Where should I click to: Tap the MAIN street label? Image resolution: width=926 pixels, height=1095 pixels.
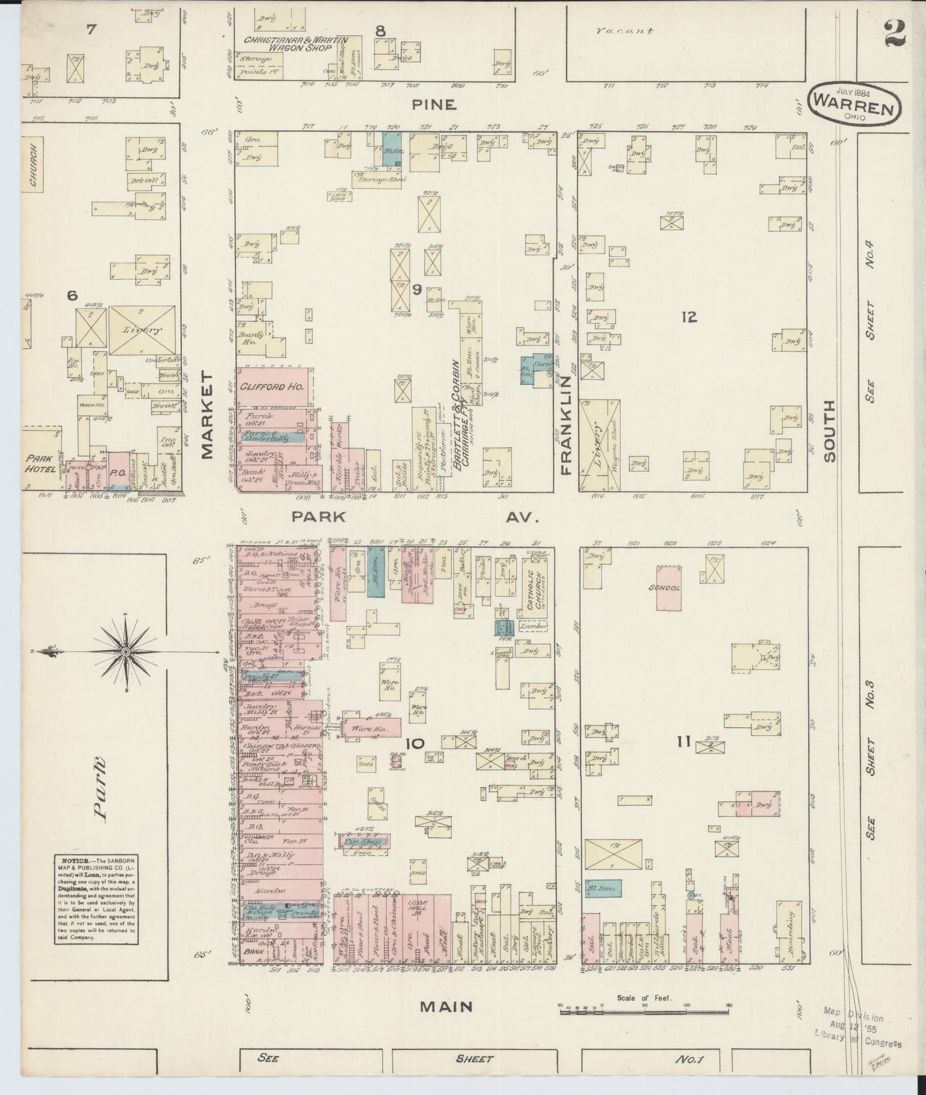tap(446, 1007)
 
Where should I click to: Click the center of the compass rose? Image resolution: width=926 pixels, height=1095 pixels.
tap(126, 651)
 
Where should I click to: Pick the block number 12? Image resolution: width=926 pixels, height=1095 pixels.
tap(689, 316)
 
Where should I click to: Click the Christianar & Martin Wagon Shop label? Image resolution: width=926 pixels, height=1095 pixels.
tap(295, 44)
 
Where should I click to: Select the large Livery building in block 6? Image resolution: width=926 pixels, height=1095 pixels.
tap(143, 330)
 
